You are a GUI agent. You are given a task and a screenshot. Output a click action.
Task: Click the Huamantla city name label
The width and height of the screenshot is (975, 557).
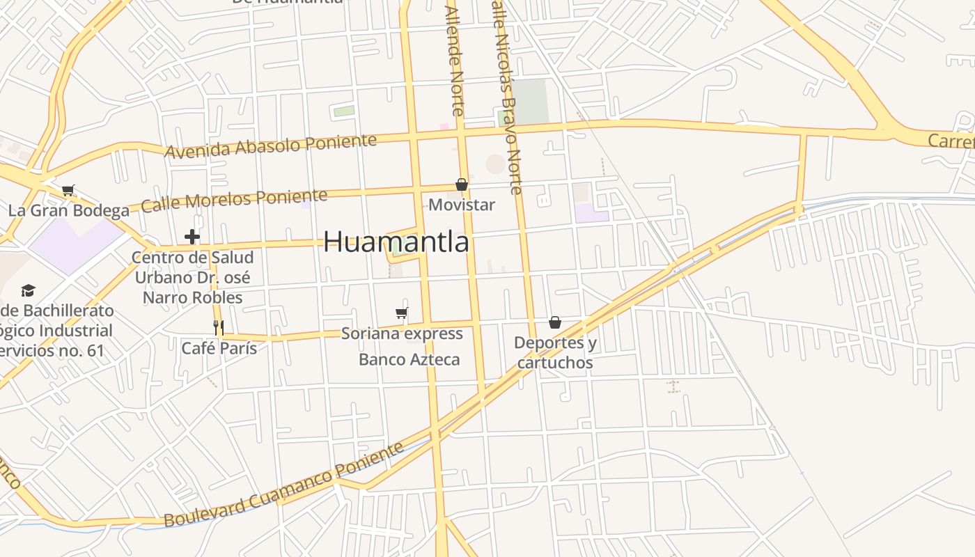396,242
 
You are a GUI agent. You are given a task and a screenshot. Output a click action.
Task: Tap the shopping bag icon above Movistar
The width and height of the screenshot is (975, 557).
461,185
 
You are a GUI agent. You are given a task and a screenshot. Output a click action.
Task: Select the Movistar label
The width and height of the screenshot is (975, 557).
461,205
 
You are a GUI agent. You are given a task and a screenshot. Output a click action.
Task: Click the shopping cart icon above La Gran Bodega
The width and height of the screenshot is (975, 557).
68,190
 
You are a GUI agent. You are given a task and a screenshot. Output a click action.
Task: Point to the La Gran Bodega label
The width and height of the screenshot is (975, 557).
68,210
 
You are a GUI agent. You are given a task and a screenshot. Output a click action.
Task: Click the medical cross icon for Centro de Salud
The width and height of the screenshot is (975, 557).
192,237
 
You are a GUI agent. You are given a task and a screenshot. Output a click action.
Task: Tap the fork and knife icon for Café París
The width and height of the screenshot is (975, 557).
219,327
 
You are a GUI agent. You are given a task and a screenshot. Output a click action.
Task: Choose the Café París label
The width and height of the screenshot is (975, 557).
219,348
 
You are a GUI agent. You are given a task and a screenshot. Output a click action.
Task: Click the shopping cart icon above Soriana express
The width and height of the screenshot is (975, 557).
401,313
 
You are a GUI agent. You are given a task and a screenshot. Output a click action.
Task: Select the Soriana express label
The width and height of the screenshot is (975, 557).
402,334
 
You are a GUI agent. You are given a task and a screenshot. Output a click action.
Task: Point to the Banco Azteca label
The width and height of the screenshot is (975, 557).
409,359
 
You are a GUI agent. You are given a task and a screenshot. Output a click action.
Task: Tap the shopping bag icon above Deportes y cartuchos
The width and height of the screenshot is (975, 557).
555,322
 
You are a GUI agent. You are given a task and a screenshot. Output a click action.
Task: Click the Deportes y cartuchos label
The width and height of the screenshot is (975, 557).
555,352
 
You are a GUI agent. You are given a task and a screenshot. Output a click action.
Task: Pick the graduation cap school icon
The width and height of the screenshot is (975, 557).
28,290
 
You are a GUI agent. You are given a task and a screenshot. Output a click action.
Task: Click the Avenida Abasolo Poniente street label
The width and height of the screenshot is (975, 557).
270,146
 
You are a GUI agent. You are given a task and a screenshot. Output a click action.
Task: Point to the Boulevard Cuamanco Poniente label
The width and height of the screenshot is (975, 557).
283,485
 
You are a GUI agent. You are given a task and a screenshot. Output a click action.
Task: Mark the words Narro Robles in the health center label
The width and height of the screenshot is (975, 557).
192,297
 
